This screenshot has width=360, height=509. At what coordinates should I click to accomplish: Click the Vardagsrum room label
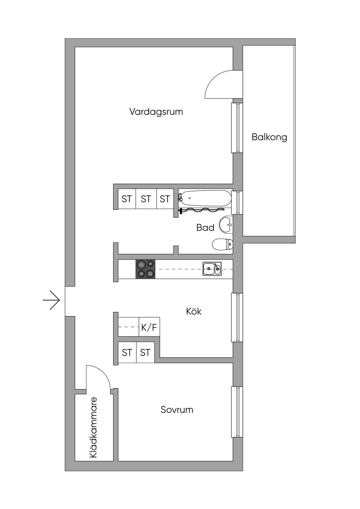pos(156,112)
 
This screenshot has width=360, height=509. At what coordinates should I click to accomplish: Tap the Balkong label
pos(269,137)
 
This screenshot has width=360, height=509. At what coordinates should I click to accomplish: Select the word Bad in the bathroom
pos(205,228)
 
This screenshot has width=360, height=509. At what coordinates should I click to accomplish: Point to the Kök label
pos(194,311)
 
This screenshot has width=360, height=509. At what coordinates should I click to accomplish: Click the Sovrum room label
pos(177,410)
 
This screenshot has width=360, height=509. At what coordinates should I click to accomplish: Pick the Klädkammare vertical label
pos(93,427)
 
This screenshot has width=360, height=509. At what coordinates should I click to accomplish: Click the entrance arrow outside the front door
pos(52,300)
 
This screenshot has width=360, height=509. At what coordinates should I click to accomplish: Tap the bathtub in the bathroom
pos(206,198)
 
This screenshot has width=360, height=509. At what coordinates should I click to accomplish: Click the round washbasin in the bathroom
pos(225,224)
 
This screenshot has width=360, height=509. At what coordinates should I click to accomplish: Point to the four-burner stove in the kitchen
pos(146,269)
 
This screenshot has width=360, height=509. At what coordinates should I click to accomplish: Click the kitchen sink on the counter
pos(212,269)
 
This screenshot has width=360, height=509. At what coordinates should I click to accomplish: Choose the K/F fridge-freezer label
pos(149,328)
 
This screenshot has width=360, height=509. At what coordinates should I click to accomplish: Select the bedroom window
pos(237,412)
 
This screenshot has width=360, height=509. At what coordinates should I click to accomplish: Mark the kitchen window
pos(237,317)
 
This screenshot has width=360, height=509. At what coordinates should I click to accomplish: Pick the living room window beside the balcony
pos(237,128)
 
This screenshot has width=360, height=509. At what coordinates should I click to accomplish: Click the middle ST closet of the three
pos(146,199)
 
